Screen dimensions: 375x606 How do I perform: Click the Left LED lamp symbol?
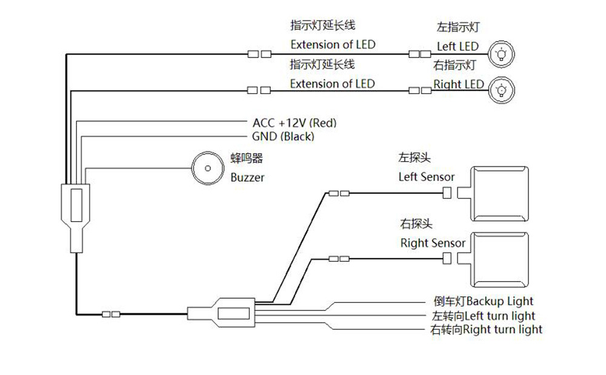click(x=501, y=53)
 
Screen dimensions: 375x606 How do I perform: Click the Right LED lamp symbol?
click(x=501, y=90)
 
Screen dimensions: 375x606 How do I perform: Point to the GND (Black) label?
click(x=283, y=137)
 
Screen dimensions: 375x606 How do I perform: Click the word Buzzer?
click(x=247, y=178)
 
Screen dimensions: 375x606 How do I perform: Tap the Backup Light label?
click(x=484, y=301)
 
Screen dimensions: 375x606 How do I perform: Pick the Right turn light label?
click(x=485, y=330)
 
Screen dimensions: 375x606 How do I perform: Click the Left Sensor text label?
click(x=426, y=178)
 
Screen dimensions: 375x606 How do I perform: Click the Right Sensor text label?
click(x=433, y=244)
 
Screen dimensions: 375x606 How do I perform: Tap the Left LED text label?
click(x=458, y=47)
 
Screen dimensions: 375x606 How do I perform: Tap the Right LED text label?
click(x=459, y=84)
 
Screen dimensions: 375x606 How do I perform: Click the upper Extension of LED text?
click(x=332, y=44)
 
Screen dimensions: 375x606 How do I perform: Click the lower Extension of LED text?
click(x=332, y=84)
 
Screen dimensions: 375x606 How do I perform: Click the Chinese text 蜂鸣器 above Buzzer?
click(x=247, y=159)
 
